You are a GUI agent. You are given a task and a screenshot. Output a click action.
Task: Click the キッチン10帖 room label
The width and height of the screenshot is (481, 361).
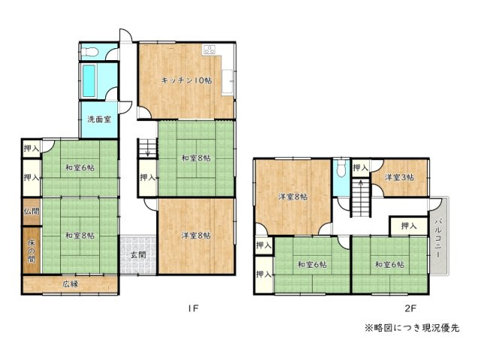[185, 80]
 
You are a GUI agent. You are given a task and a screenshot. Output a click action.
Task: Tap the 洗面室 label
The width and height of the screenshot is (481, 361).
[97, 120]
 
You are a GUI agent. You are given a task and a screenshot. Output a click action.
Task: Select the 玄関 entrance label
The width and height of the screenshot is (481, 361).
[138, 255]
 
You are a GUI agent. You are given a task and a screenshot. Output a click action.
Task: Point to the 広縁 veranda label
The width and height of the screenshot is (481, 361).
[71, 284]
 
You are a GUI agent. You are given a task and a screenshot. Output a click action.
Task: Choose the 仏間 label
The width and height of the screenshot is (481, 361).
[31, 212]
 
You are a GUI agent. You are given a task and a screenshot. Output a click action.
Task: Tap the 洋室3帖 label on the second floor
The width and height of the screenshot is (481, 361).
[398, 177]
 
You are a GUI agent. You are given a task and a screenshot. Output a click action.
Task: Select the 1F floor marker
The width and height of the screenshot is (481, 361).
[193, 308]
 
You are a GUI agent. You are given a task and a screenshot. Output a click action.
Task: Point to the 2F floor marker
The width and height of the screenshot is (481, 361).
[410, 308]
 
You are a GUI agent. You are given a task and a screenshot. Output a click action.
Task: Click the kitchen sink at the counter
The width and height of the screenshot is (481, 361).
[209, 51]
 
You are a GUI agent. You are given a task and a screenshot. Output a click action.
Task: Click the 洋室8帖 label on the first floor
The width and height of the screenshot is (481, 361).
[195, 235]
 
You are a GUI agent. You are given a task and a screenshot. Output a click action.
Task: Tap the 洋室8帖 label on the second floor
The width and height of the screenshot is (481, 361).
[292, 197]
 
